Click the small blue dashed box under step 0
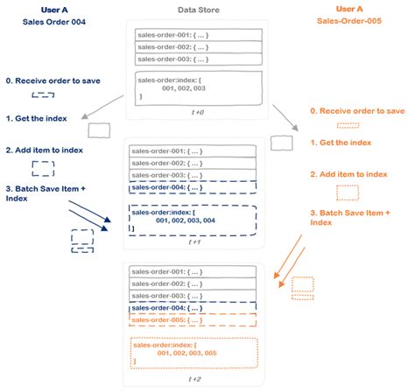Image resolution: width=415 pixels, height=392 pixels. [42, 95]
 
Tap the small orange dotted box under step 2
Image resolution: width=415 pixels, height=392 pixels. [348, 192]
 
